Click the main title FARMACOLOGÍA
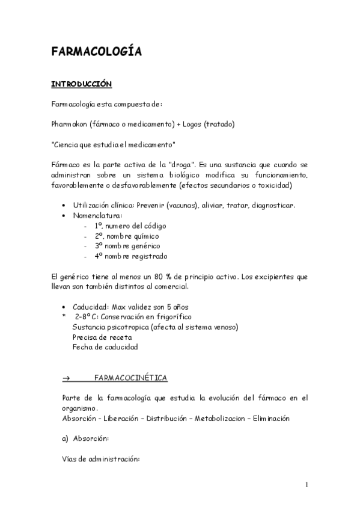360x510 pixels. tap(96, 52)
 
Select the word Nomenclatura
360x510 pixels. tap(97, 215)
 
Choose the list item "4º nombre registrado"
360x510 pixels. tap(130, 256)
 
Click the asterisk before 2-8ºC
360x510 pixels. tap(64, 317)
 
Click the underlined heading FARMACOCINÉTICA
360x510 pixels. tap(131, 378)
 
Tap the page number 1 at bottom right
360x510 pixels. tap(306, 485)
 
